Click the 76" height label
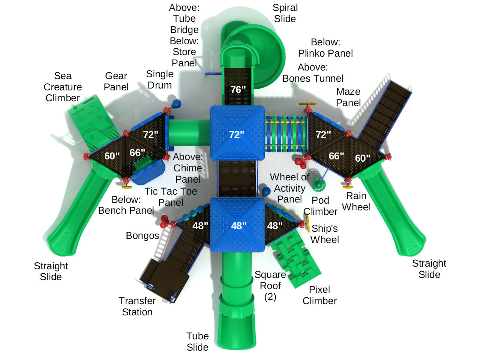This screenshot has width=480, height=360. (x=238, y=90)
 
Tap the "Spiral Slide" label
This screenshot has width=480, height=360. (x=285, y=13)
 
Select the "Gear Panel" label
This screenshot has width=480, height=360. (x=116, y=81)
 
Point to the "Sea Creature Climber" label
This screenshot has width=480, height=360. (x=63, y=87)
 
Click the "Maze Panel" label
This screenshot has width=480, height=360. (x=348, y=97)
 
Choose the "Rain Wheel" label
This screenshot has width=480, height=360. (x=356, y=201)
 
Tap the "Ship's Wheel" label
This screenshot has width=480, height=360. (x=324, y=234)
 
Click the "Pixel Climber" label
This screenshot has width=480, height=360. (x=319, y=295)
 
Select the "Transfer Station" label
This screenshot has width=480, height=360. (x=137, y=306)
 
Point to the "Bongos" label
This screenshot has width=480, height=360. (x=142, y=235)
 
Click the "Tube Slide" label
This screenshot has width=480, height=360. (x=198, y=341)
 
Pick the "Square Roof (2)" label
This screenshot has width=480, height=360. (x=270, y=286)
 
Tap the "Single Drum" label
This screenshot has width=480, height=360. (x=160, y=79)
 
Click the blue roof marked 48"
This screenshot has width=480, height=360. (x=237, y=225)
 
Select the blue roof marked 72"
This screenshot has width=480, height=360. (x=237, y=133)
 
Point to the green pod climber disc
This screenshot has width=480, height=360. (x=318, y=184)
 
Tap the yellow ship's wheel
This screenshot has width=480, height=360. (x=307, y=223)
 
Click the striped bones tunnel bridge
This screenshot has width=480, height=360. (x=286, y=134)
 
